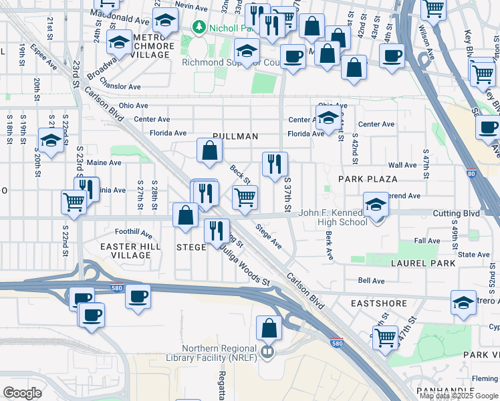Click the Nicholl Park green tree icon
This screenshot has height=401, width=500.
coord(199,27)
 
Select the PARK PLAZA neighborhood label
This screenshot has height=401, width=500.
coord(368,179)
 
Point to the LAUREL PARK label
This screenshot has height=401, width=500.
coord(423,263)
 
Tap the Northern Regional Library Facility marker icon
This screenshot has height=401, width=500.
coord(267,351)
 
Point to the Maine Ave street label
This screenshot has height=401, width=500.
coord(104,162)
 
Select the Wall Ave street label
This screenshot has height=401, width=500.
coord(402,165)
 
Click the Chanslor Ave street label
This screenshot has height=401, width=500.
coord(120,87)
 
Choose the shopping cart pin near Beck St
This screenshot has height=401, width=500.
coord(245,197)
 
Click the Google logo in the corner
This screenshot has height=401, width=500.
coord(22,393)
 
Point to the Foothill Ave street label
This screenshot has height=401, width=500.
coord(134,233)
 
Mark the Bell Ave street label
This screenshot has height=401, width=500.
coord(371,281)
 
